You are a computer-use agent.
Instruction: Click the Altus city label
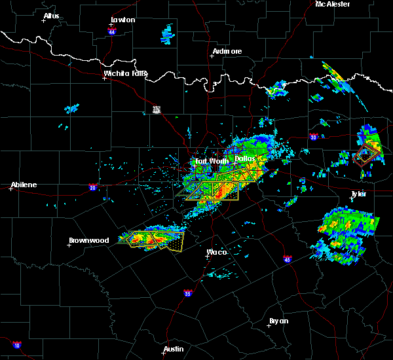[x=51, y=16]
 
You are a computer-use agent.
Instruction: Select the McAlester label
[x=333, y=4]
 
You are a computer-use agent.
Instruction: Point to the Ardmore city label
[x=227, y=51]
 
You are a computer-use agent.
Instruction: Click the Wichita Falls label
[x=126, y=73]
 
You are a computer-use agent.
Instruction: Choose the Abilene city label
[x=23, y=185]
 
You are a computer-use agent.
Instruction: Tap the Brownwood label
[x=89, y=240]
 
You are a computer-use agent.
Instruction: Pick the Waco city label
[x=217, y=252]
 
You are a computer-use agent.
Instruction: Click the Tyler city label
[x=358, y=194]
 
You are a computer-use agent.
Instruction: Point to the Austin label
[x=174, y=349]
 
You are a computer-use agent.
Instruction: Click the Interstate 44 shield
[x=112, y=31]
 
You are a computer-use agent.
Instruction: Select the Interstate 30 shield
[x=313, y=137]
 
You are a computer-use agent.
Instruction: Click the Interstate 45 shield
[x=287, y=259]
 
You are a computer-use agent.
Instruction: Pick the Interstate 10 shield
[x=16, y=345]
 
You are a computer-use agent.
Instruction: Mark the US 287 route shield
[x=156, y=109]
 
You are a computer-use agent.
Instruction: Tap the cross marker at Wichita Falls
[x=104, y=79]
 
